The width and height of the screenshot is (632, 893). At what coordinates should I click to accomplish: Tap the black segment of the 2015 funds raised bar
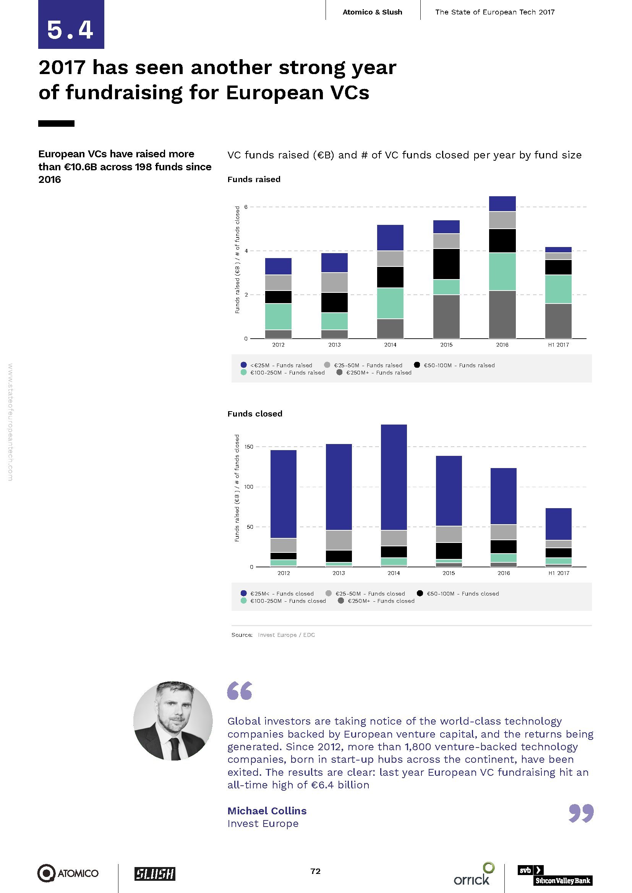click(x=446, y=264)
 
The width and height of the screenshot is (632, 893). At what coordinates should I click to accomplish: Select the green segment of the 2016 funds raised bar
click(x=502, y=271)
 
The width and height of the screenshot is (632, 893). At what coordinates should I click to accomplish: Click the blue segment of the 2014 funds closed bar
click(x=394, y=477)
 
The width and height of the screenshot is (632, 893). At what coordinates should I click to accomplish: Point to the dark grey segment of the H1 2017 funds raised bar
click(x=558, y=321)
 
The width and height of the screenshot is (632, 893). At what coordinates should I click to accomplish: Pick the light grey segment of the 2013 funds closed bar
click(x=339, y=540)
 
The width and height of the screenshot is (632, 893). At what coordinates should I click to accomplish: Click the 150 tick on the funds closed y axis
click(x=249, y=447)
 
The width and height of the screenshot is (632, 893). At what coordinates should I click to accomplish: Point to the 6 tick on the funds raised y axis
click(x=246, y=207)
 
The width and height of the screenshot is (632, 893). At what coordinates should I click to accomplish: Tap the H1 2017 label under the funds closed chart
click(x=559, y=573)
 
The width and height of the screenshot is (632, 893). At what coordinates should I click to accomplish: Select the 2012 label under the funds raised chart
click(x=278, y=345)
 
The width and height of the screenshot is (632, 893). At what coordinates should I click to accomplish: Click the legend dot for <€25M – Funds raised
click(x=244, y=365)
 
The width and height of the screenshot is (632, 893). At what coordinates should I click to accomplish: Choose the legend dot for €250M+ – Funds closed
click(x=341, y=601)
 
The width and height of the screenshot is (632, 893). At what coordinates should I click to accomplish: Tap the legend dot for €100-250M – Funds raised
click(x=244, y=373)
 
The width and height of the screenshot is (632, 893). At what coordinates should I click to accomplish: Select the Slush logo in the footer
click(x=154, y=874)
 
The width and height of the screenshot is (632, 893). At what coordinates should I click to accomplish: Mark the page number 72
click(x=315, y=871)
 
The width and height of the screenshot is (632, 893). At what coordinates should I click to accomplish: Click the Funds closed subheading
click(x=254, y=414)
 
